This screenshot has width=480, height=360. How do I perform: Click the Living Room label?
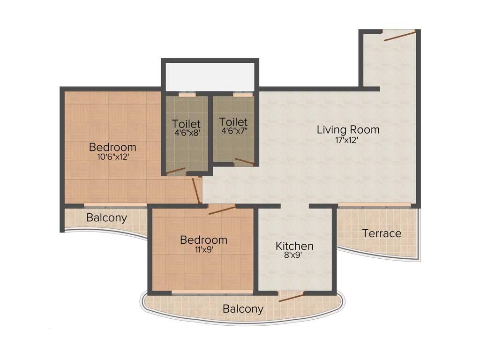point(348,129)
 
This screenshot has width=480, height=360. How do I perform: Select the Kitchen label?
point(294,246)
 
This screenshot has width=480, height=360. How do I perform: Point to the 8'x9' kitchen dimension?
point(294,256)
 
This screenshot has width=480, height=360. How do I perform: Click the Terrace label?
point(382,233)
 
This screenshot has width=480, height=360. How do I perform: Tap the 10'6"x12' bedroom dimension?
point(112,157)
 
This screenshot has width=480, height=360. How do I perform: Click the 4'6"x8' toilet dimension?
point(186,133)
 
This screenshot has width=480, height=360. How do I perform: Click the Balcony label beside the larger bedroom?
point(106,218)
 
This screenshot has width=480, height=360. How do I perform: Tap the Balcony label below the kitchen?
point(243,309)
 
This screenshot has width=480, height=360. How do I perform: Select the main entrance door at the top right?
point(400,36)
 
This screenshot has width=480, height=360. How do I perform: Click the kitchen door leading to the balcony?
point(291,297)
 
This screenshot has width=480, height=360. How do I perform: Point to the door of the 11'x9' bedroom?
point(222,210)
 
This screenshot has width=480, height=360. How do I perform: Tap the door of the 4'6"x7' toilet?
point(244,162)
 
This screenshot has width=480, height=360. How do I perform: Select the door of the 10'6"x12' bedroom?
point(196,190)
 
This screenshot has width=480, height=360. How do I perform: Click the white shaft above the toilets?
point(210,75)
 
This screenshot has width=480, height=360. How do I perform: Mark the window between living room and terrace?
point(374,205)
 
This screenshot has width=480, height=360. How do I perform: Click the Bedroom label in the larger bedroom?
point(112,147)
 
